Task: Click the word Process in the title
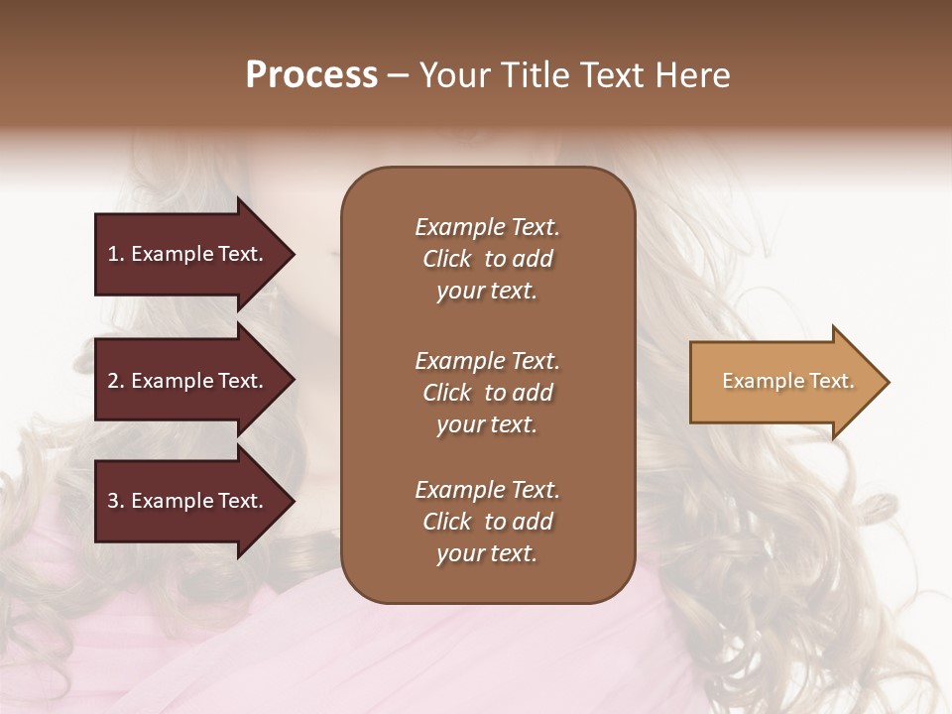point(311,74)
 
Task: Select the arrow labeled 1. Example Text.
point(188,254)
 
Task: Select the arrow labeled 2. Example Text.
point(188,381)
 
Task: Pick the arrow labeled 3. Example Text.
point(188,501)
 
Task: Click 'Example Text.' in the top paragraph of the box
point(487,227)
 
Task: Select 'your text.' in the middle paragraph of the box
point(487,424)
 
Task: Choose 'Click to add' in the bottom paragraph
point(487,522)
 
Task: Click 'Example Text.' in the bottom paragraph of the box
point(487,490)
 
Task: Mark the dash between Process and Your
point(399,75)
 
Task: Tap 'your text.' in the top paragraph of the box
point(487,291)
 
